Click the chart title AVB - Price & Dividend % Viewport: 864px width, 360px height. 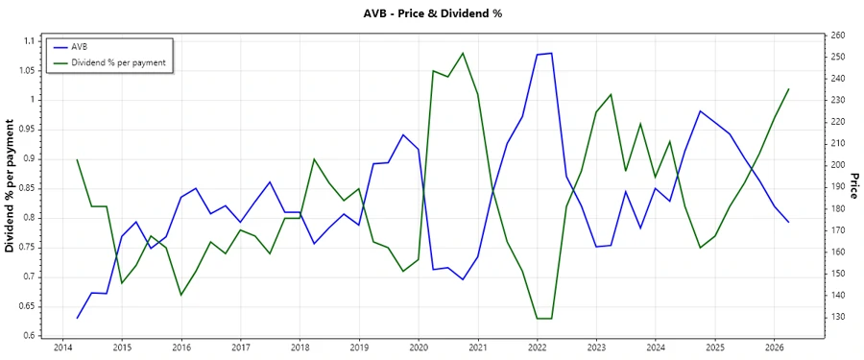click(431, 13)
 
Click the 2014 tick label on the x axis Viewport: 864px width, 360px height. click(62, 348)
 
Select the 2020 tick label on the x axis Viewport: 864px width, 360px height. click(419, 348)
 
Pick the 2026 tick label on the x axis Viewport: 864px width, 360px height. click(775, 348)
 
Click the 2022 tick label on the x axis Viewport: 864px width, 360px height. click(538, 348)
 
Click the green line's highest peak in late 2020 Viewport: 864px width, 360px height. click(463, 53)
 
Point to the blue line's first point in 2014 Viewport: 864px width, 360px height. click(78, 318)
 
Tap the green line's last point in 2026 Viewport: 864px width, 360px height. click(789, 88)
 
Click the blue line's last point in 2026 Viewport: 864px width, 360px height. click(789, 222)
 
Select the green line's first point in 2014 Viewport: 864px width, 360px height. click(78, 159)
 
